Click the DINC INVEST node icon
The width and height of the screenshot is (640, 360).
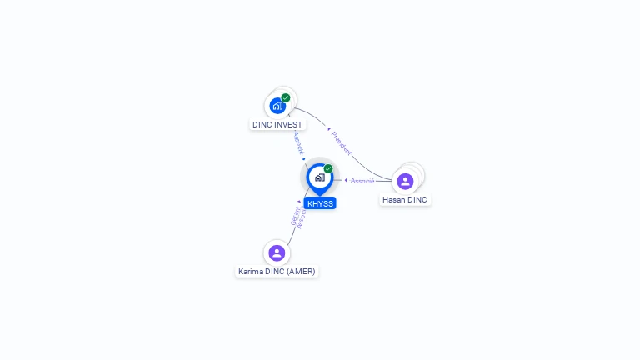pyautogui.click(x=277, y=106)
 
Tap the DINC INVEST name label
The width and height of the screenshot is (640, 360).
pyautogui.click(x=277, y=125)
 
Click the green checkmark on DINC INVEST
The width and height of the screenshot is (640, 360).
pyautogui.click(x=286, y=98)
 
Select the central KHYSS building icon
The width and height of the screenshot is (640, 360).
pyautogui.click(x=319, y=177)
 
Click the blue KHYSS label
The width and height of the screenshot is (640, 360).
pyautogui.click(x=320, y=203)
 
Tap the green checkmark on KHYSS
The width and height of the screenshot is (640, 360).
pyautogui.click(x=328, y=169)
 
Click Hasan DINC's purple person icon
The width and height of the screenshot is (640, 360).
pyautogui.click(x=405, y=181)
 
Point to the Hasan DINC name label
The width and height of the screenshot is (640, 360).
pyautogui.click(x=405, y=200)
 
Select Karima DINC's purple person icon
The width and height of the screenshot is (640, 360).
pyautogui.click(x=277, y=252)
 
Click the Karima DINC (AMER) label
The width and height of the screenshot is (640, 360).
pyautogui.click(x=277, y=272)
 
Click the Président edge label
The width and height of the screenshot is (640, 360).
pyautogui.click(x=342, y=143)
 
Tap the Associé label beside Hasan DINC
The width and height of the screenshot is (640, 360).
pyautogui.click(x=362, y=181)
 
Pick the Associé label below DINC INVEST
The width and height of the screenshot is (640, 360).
pyautogui.click(x=298, y=142)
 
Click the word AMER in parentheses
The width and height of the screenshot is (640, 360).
pyautogui.click(x=300, y=272)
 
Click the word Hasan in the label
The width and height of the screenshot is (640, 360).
pyautogui.click(x=394, y=200)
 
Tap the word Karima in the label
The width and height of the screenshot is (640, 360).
pyautogui.click(x=250, y=272)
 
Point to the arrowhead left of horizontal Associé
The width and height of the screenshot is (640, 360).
pyautogui.click(x=346, y=180)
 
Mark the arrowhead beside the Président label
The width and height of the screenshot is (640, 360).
pyautogui.click(x=329, y=129)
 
